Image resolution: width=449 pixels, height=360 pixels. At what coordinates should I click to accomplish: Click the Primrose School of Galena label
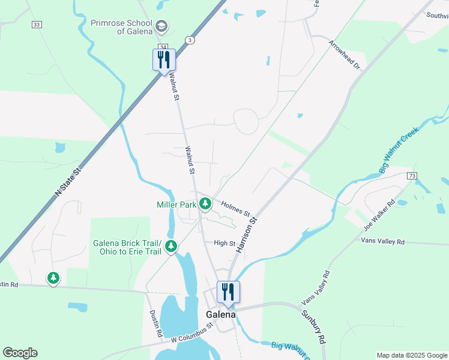pyautogui.click(x=122, y=27)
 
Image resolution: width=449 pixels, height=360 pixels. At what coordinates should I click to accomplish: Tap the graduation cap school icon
pyautogui.click(x=161, y=26)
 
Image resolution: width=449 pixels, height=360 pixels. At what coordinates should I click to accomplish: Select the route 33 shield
pyautogui.click(x=37, y=24)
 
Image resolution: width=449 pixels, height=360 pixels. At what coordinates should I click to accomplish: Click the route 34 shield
pyautogui.click(x=163, y=47)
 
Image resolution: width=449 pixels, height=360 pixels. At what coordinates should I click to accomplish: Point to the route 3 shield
pyautogui.click(x=190, y=40)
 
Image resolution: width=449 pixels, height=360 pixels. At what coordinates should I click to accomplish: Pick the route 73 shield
pyautogui.click(x=411, y=175)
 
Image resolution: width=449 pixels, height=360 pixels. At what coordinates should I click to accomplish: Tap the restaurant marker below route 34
pyautogui.click(x=164, y=60)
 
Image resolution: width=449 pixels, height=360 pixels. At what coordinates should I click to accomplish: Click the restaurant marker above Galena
pyautogui.click(x=228, y=292)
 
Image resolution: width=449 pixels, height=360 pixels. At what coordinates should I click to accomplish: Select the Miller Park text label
pyautogui.click(x=176, y=205)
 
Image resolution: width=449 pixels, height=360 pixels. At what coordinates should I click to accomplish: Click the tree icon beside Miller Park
pyautogui.click(x=205, y=205)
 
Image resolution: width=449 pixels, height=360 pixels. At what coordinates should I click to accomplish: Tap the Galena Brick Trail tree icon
pyautogui.click(x=171, y=246)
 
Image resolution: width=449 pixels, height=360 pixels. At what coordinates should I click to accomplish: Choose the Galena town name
pyautogui.click(x=220, y=314)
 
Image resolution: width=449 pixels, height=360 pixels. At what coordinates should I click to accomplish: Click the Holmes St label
pyautogui.click(x=235, y=208)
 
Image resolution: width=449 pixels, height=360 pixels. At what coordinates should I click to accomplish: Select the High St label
pyautogui.click(x=224, y=243)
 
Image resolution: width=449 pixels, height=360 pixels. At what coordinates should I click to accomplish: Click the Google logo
pyautogui.click(x=20, y=353)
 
